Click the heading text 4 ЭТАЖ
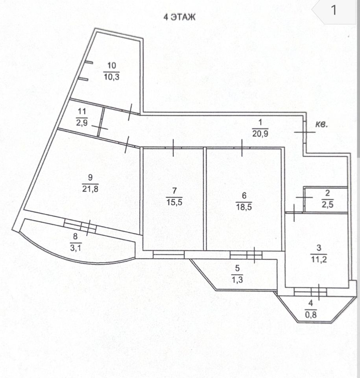click(x=179, y=17)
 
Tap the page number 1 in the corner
click(x=334, y=10)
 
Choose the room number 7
click(x=174, y=192)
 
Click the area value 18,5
click(x=244, y=206)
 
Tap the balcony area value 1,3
click(x=237, y=280)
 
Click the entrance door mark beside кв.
click(x=305, y=132)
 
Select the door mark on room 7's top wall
click(x=173, y=148)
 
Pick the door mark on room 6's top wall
click(x=242, y=148)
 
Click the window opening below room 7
click(x=168, y=255)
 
